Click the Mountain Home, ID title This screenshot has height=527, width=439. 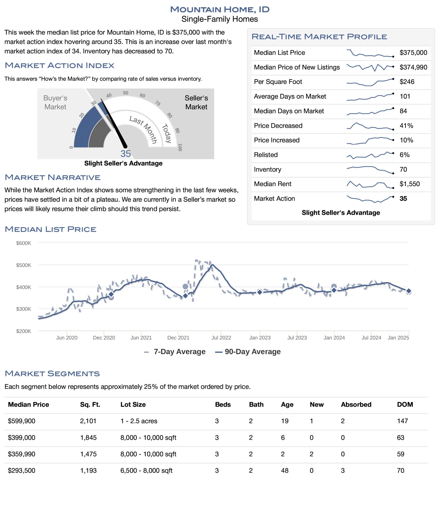pyautogui.click(x=220, y=9)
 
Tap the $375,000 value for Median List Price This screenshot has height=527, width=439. pyautogui.click(x=413, y=52)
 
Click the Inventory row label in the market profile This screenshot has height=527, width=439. pyautogui.click(x=267, y=169)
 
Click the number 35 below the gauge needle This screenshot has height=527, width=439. pyautogui.click(x=126, y=154)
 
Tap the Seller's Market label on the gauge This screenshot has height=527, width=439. pyautogui.click(x=196, y=102)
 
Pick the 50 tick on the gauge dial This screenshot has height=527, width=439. pyautogui.click(x=126, y=93)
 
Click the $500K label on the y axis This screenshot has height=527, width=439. pyautogui.click(x=24, y=265)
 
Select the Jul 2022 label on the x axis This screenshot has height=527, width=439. pyautogui.click(x=221, y=338)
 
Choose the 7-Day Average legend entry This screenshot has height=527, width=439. pyautogui.click(x=175, y=352)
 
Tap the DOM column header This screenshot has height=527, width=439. pyautogui.click(x=405, y=404)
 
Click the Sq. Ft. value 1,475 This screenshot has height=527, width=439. pyautogui.click(x=88, y=454)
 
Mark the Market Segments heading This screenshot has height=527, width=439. pyautogui.click(x=52, y=373)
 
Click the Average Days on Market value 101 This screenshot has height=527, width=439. pyautogui.click(x=405, y=96)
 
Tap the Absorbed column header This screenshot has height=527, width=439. pyautogui.click(x=356, y=404)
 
